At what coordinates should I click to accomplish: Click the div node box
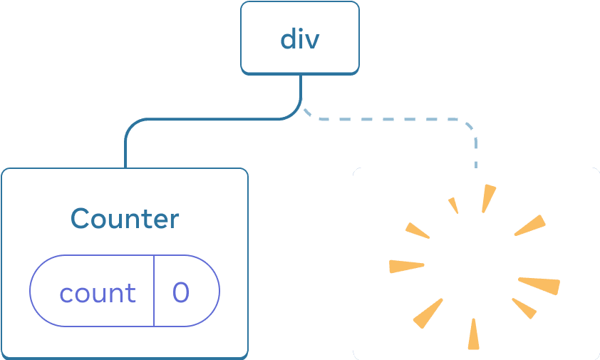[x=300, y=38]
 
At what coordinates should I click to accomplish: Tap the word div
[x=300, y=38]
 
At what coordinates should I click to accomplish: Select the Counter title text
[x=125, y=218]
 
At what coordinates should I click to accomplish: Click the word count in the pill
[x=98, y=293]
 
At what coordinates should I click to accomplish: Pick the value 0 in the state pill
[x=182, y=293]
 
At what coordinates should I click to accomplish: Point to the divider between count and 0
[x=154, y=291]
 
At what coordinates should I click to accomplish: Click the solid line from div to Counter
[x=200, y=120]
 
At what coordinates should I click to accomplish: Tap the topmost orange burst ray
[x=488, y=198]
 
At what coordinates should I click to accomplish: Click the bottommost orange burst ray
[x=474, y=334]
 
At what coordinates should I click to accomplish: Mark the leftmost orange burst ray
[x=406, y=266]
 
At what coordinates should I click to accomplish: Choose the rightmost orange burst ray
[x=540, y=285]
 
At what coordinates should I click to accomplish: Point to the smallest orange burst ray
[x=453, y=205]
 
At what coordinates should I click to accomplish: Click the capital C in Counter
[x=80, y=218]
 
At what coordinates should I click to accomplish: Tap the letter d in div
[x=288, y=38]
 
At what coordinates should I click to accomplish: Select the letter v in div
[x=311, y=40]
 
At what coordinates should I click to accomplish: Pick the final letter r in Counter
[x=173, y=220]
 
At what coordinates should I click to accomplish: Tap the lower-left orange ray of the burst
[x=428, y=314]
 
